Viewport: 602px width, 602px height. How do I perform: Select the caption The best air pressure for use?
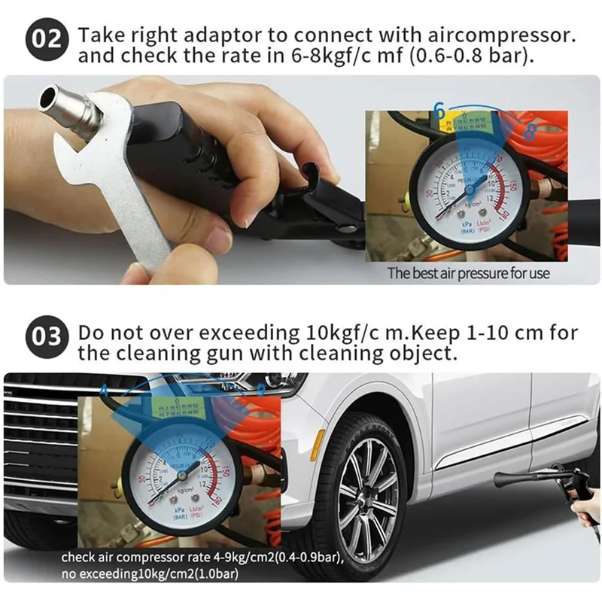pos(468,273)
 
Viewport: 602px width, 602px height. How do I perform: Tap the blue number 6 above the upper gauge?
pos(439,111)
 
